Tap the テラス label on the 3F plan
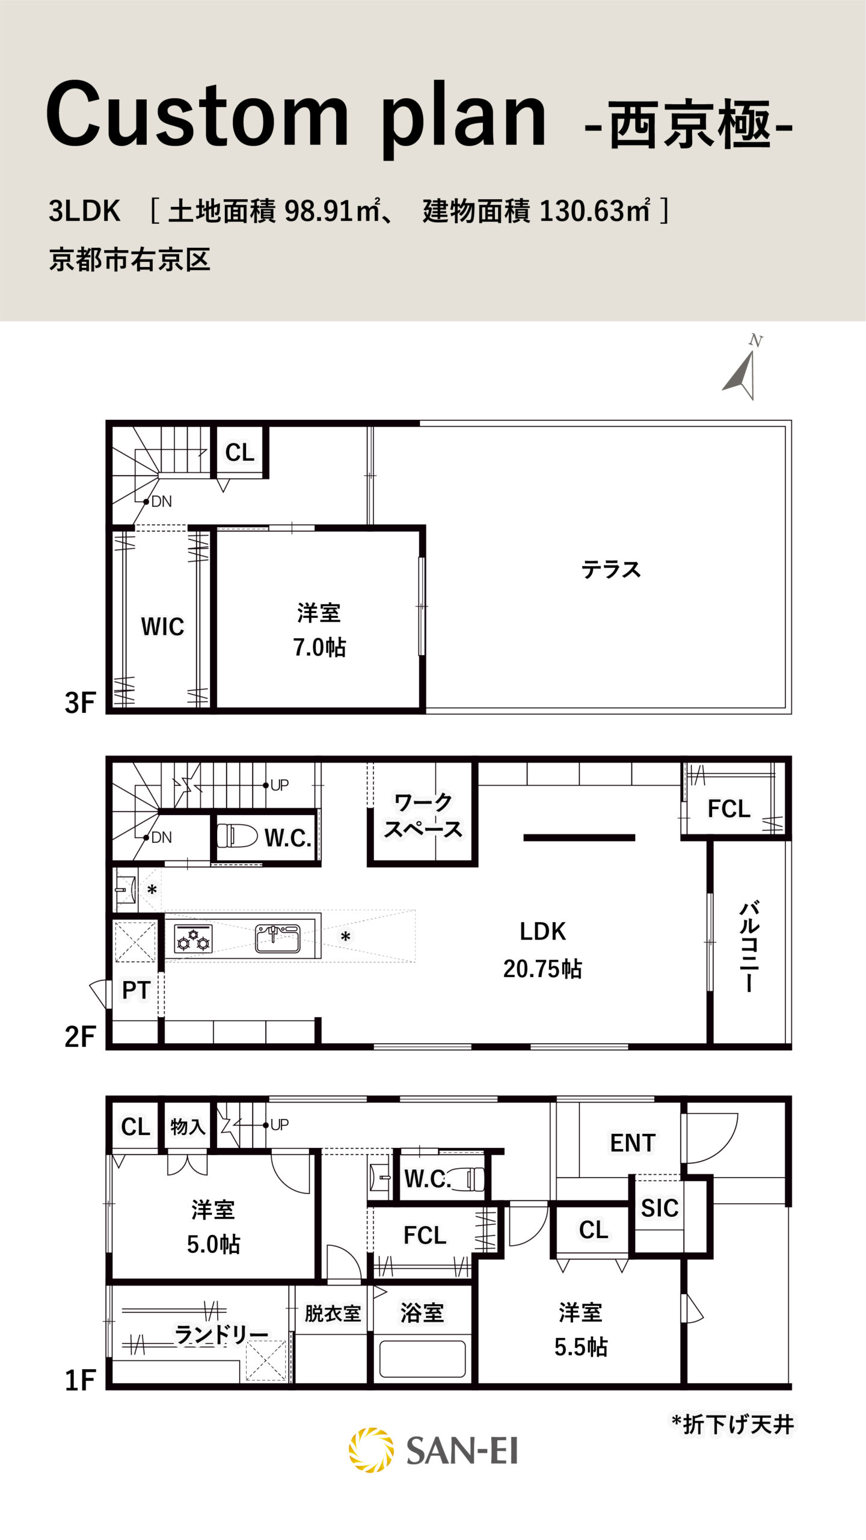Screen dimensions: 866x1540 611,569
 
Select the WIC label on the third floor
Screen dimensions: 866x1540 162,626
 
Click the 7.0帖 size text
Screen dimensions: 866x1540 319,647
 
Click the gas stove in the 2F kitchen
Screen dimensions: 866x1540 193,940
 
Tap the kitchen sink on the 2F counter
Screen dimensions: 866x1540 277,938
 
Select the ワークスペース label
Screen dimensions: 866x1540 423,816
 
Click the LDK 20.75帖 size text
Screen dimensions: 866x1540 542,969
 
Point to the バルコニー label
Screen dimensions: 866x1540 749,946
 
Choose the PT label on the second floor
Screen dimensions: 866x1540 136,990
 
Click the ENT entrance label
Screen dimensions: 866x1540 633,1143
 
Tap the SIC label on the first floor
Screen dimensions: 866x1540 660,1208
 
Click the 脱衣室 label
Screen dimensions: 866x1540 333,1313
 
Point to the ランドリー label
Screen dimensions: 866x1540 221,1334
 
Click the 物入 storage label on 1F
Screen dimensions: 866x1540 188,1126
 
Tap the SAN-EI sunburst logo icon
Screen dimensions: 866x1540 371,1450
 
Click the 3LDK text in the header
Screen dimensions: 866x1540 85,211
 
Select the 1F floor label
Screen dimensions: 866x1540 80,1379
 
